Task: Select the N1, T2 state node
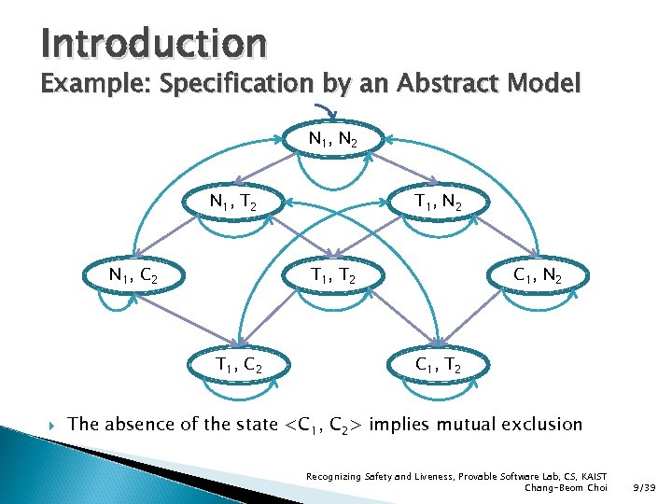(233, 201)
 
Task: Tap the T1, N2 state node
(437, 201)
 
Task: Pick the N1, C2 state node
(133, 275)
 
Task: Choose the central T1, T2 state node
(334, 275)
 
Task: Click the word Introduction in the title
(153, 42)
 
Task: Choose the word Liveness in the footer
(401, 476)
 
